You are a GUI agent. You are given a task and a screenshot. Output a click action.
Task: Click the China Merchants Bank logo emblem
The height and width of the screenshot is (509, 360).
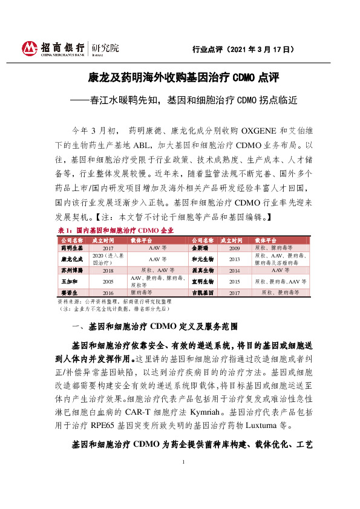point(29,48)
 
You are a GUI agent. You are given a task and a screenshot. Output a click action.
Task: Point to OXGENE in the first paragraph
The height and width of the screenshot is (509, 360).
point(260,131)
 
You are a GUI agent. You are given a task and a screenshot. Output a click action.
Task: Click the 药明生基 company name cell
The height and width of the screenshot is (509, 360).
point(71,248)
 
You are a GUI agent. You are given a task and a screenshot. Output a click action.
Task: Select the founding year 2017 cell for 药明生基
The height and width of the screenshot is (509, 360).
point(108,248)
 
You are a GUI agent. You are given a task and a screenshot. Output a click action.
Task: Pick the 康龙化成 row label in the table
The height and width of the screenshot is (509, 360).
point(71,259)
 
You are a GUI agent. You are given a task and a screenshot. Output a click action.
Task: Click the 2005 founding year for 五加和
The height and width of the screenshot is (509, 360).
point(108,281)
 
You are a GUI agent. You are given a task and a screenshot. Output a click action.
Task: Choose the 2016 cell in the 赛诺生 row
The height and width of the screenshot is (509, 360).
point(108,292)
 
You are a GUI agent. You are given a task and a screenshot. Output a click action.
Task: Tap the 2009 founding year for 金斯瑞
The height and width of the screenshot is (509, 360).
point(235,248)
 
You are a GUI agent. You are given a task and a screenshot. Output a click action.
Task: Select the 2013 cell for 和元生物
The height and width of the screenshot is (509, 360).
point(235,259)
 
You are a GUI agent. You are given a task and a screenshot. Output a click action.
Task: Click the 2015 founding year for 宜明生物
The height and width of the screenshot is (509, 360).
point(235,281)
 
